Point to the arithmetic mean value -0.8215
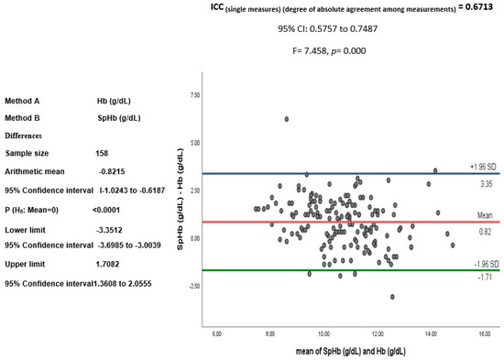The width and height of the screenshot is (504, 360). click(x=113, y=171)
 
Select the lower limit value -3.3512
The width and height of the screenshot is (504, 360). click(x=115, y=231)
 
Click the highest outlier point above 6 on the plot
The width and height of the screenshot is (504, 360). click(x=287, y=119)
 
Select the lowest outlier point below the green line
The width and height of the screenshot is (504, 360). click(x=393, y=297)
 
